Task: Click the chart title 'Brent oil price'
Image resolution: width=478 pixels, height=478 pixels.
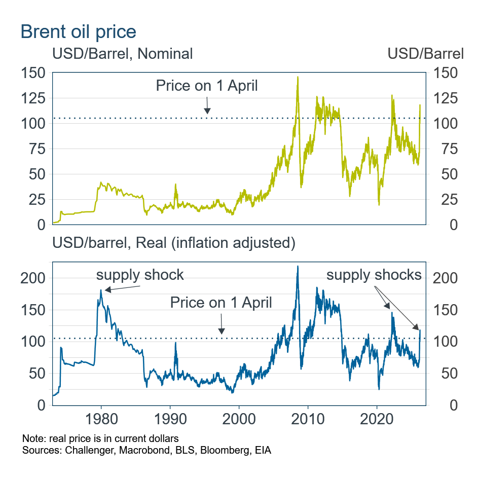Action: [78, 31]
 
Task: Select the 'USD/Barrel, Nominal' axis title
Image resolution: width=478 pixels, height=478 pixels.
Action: [122, 54]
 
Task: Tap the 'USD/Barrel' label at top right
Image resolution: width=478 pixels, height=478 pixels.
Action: [425, 54]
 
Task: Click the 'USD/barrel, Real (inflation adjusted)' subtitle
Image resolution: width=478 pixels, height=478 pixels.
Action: [173, 243]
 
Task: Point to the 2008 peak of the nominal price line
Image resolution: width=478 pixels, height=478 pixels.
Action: [298, 77]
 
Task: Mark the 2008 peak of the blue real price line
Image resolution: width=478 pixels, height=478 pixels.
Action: [298, 266]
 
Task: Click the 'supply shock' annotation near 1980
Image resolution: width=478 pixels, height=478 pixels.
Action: [140, 275]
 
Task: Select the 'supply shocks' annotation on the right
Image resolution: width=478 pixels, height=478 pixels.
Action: [374, 275]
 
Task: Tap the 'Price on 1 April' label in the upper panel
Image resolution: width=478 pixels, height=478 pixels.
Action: [206, 86]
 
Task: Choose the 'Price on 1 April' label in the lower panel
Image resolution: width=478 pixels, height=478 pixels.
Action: [221, 303]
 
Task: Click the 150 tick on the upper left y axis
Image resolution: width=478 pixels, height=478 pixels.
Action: [34, 73]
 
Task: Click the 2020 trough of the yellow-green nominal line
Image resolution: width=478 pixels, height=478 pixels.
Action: [379, 204]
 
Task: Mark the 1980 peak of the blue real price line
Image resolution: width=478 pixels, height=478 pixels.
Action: [101, 290]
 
